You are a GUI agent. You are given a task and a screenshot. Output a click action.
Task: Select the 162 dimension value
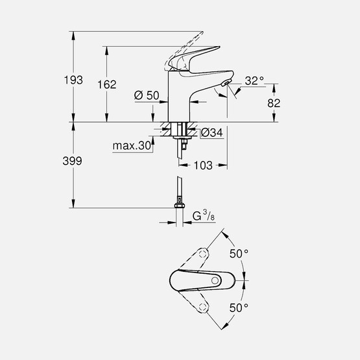point(108,84)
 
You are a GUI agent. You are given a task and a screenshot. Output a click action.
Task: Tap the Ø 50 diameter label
point(147,95)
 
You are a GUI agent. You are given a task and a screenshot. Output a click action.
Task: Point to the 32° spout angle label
point(254,81)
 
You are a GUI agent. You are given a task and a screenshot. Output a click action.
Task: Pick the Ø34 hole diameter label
point(212,132)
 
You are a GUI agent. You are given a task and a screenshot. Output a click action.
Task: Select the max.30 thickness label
point(132,147)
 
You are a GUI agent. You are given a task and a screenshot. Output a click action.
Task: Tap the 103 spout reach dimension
point(204,166)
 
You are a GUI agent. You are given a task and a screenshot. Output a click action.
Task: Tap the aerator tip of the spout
point(224,86)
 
